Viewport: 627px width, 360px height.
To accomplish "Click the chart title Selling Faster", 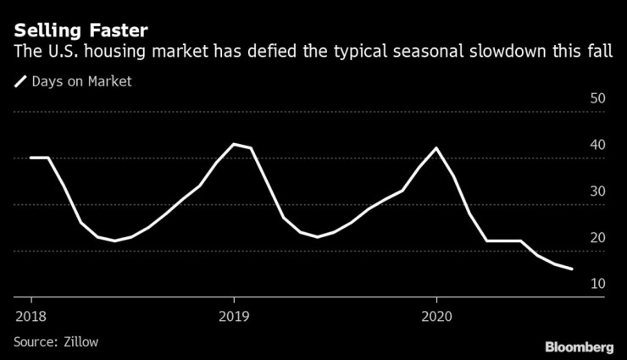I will (x=81, y=31).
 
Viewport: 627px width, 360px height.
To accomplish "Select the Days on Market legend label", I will (x=81, y=82).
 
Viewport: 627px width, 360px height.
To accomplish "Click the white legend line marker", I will (x=19, y=82).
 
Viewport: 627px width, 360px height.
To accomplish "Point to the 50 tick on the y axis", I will (x=596, y=98).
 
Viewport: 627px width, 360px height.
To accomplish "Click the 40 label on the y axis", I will (x=596, y=145).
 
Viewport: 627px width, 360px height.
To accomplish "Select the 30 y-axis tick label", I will (x=596, y=191).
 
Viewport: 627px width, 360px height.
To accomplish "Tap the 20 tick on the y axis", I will (x=596, y=238).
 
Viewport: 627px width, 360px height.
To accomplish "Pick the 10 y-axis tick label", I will (x=596, y=284).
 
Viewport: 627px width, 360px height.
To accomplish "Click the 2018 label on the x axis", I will (x=31, y=315).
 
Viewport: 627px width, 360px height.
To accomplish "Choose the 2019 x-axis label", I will (x=233, y=315).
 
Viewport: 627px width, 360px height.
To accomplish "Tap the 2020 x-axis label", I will (x=436, y=315).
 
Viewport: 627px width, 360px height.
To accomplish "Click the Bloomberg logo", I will (x=579, y=346).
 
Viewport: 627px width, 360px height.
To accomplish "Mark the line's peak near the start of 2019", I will (x=234, y=144).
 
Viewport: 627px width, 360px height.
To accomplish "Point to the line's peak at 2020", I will (x=436, y=148).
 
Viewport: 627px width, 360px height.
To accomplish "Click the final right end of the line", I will (x=572, y=269).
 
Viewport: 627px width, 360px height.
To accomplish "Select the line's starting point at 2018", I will (x=31, y=158).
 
